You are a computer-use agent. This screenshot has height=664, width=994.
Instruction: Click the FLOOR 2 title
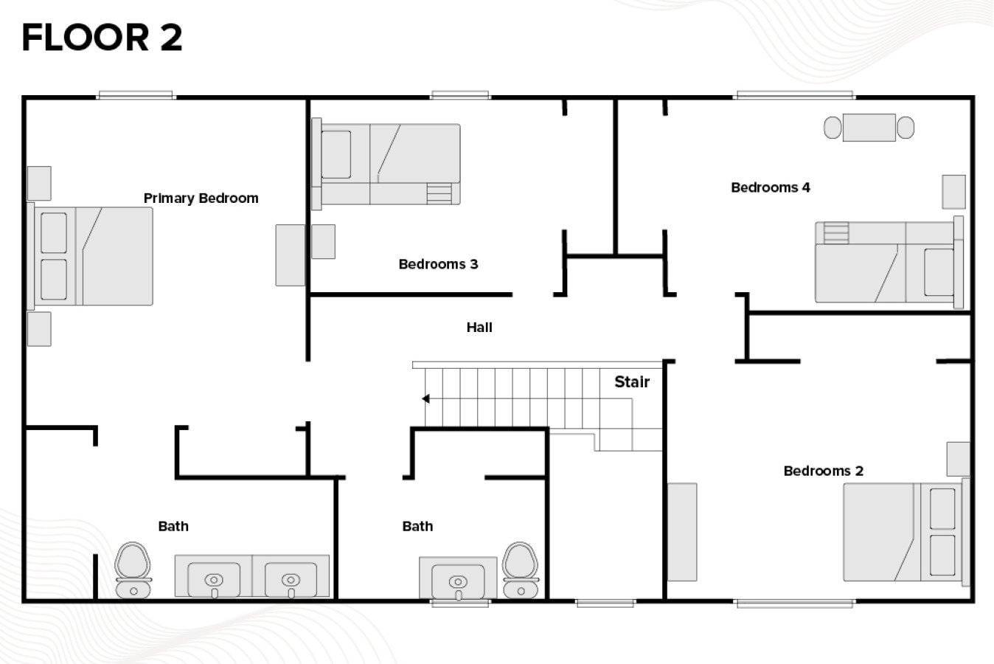click(102, 38)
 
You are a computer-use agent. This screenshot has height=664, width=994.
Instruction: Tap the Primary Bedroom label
click(201, 198)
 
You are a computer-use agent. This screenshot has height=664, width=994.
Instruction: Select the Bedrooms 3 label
click(439, 264)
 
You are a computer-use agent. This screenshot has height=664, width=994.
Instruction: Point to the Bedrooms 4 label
click(771, 187)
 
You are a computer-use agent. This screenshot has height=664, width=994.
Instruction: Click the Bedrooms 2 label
click(824, 471)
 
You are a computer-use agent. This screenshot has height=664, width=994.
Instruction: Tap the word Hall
click(479, 328)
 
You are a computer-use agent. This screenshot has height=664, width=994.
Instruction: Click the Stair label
click(632, 381)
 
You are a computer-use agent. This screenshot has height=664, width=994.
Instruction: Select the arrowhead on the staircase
click(425, 398)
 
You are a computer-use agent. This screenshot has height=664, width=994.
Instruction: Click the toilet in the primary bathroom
click(133, 570)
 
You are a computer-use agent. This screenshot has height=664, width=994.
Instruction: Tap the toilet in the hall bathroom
click(521, 570)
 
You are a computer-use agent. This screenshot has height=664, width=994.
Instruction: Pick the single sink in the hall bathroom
click(458, 578)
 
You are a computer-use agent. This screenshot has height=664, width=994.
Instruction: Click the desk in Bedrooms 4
click(869, 128)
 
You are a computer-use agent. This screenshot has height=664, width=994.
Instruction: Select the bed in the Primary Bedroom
click(91, 256)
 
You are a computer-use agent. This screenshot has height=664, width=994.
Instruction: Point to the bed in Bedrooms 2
click(906, 532)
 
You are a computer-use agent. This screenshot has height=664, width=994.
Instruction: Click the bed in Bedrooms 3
click(386, 164)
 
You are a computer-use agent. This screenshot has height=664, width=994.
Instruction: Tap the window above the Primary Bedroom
click(136, 95)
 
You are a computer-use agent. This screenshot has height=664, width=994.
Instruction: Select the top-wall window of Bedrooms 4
click(795, 95)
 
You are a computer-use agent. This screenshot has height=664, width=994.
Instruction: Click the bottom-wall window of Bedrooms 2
click(795, 604)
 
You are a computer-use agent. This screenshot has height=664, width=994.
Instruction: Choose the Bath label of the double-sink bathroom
click(173, 527)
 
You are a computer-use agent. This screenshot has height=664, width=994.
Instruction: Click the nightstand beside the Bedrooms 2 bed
click(958, 459)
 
